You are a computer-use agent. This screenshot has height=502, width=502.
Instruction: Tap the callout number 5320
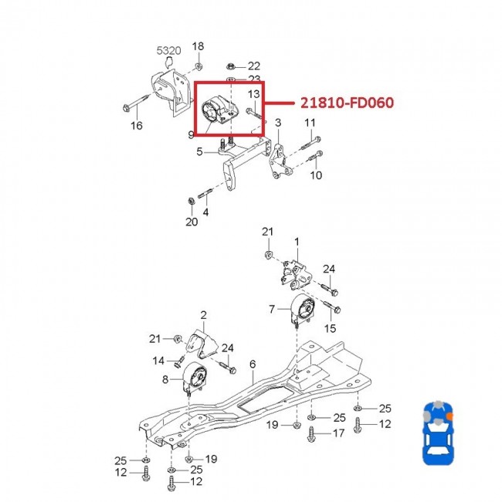point(169,51)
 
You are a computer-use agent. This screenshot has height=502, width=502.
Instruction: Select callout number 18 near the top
point(198,46)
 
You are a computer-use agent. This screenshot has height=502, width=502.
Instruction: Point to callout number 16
point(136,125)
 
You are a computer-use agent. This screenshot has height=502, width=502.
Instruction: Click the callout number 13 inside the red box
point(253,94)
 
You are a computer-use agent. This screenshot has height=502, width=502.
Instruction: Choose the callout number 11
point(309,124)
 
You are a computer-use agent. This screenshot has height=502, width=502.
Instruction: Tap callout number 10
point(316,175)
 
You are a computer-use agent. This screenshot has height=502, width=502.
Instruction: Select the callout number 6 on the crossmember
point(253,364)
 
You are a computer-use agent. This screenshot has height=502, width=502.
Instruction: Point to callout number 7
point(272,310)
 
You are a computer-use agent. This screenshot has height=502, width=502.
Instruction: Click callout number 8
point(165,379)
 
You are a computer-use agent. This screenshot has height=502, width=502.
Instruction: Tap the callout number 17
point(337,434)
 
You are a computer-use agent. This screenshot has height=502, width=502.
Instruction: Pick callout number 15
point(331,328)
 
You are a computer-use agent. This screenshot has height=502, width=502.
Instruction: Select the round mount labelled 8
point(197,379)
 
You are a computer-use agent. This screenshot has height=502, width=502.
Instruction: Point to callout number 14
point(158,360)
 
